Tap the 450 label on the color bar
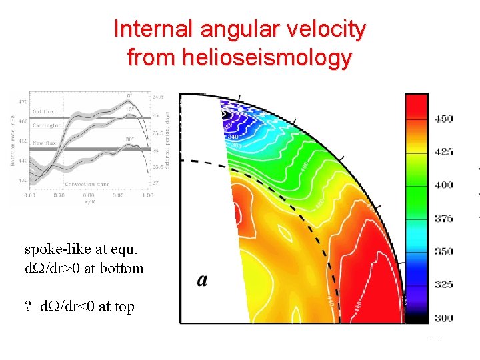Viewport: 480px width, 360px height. pos(443,119)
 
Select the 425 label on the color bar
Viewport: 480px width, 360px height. pos(443,152)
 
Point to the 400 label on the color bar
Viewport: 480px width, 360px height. pos(443,185)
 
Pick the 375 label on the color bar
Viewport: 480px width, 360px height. pos(443,218)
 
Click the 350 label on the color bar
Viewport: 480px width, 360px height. pos(443,251)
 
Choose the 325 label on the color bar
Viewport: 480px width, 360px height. pos(443,285)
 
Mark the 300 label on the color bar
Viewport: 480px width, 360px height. pos(443,318)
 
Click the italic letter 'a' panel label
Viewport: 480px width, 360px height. pos(202,280)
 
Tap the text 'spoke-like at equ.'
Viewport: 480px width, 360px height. pos(81,250)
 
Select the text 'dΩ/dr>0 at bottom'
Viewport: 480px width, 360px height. pos(84,268)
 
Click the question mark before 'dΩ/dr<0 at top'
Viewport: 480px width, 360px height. pos(28,307)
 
